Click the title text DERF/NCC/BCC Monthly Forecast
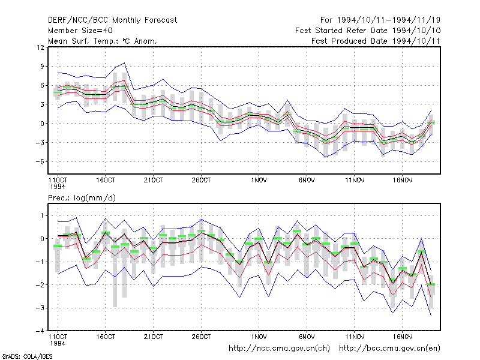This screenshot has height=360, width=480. click(x=112, y=20)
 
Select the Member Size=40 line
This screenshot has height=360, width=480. click(x=80, y=31)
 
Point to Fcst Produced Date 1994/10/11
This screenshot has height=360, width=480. click(x=376, y=41)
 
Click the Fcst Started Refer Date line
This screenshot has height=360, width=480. click(x=368, y=31)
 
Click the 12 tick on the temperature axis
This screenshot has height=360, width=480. click(x=40, y=47)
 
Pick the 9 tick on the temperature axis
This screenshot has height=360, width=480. click(x=42, y=67)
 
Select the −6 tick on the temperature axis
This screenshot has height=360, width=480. click(x=40, y=161)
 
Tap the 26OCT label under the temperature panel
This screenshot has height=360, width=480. click(x=201, y=181)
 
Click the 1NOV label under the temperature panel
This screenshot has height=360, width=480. click(x=259, y=181)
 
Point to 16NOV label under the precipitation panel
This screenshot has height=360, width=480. click(x=402, y=337)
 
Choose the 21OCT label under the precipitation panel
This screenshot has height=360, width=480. click(x=154, y=337)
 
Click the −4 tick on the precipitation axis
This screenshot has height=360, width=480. click(x=40, y=331)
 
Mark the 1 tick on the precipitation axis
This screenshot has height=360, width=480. click(x=42, y=216)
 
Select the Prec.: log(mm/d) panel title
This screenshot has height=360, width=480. click(x=82, y=198)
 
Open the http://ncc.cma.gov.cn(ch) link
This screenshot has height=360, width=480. click(x=279, y=349)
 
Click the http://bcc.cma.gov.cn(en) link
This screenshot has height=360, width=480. click(x=389, y=349)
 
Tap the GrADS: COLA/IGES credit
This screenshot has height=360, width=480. click(x=27, y=356)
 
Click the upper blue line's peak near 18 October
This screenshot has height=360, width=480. click(x=124, y=63)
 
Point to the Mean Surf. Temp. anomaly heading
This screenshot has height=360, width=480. click(x=103, y=41)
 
